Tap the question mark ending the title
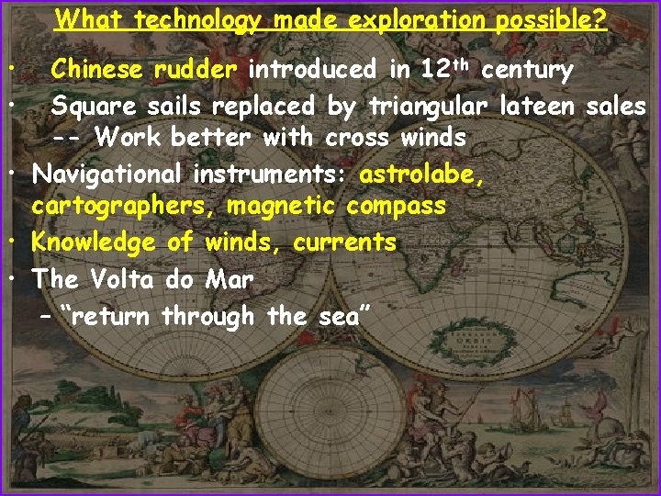pyautogui.click(x=600, y=19)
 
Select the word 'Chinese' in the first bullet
pyautogui.click(x=97, y=69)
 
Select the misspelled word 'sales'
pyautogui.click(x=616, y=107)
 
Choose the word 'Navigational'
pyautogui.click(x=107, y=173)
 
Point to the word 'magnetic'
pyautogui.click(x=285, y=207)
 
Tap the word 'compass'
pyautogui.click(x=400, y=207)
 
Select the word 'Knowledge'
pyautogui.click(x=94, y=242)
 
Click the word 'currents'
pyautogui.click(x=345, y=242)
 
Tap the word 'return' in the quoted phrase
pyautogui.click(x=113, y=316)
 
